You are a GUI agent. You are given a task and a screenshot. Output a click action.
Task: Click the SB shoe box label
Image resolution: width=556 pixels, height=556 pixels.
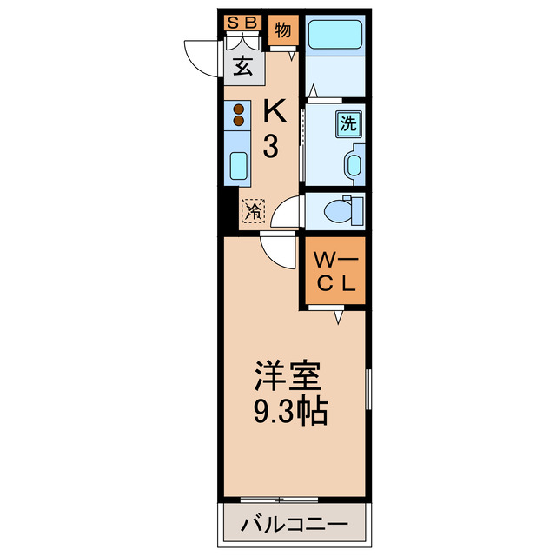coord(242,23)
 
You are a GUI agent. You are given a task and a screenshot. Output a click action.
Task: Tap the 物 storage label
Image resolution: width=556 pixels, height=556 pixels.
coord(282,30)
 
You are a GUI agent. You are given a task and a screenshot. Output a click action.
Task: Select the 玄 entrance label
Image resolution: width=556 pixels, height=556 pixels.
coord(242,66)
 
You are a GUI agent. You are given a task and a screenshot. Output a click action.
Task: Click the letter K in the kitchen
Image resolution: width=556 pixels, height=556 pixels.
coord(273,110)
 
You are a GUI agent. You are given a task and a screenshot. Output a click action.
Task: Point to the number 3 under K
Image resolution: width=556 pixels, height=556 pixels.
coord(271,147)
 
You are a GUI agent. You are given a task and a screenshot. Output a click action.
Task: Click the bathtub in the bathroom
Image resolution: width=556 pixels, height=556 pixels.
coord(336,36)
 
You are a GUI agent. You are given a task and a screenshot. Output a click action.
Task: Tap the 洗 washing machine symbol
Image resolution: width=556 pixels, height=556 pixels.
coord(348,123)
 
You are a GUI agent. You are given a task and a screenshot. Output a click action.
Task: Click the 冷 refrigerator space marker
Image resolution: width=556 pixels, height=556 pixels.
coord(253,211)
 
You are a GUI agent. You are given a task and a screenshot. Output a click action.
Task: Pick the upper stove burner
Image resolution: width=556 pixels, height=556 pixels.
coord(238,109)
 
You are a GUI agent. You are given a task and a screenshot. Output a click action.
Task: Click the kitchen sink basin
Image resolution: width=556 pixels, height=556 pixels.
coord(238,164)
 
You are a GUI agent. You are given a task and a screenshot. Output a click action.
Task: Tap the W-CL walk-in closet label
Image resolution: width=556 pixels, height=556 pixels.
coord(334,270)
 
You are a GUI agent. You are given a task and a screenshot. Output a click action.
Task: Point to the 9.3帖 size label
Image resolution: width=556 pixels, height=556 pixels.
coord(290,411)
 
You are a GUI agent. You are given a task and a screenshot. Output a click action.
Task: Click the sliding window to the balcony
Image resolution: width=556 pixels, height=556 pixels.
coord(278,500)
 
